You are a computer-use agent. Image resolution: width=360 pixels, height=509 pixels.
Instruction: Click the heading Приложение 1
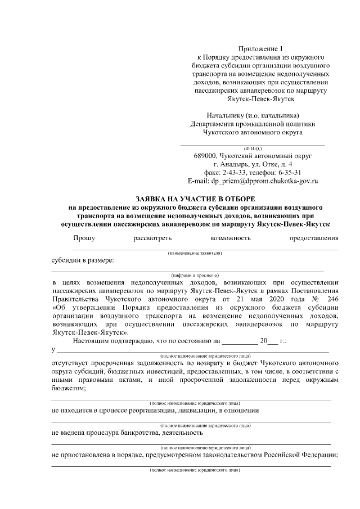[x=259, y=49]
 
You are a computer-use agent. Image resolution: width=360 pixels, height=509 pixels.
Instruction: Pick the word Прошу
[x=84, y=238]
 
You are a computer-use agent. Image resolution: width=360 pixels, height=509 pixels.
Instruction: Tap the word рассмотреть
[x=152, y=238]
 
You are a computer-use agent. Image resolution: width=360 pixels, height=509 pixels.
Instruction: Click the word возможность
[x=231, y=238]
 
